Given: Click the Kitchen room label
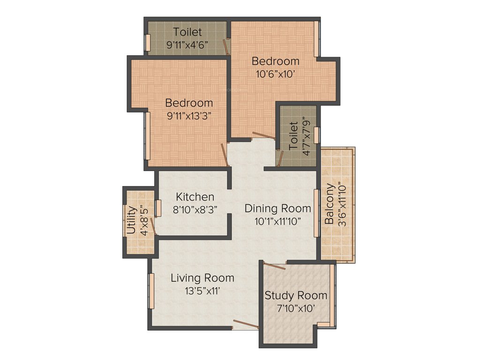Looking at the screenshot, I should pos(195,197).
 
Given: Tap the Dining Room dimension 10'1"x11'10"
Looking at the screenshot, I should pos(278,221).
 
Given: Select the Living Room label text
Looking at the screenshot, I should pos(202,278).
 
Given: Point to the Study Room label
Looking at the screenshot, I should pos(296,295).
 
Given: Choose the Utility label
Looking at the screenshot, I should pos(131,220).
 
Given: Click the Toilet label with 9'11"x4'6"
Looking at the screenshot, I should pos(187,32).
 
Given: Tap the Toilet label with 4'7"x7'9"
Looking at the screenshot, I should pos(293,136).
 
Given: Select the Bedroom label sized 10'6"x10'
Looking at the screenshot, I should pos(275,61).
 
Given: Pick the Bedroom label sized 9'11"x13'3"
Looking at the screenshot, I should pos(189,103).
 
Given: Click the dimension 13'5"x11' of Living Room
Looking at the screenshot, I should pos(202,291).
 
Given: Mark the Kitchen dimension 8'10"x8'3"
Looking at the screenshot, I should pos(195,210).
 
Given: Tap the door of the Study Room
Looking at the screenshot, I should pos(275,266).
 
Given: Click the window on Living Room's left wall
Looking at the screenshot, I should pos(151,291).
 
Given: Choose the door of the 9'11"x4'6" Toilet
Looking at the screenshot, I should pos(226,47).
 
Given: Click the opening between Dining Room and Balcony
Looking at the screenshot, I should pos(317,213).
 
